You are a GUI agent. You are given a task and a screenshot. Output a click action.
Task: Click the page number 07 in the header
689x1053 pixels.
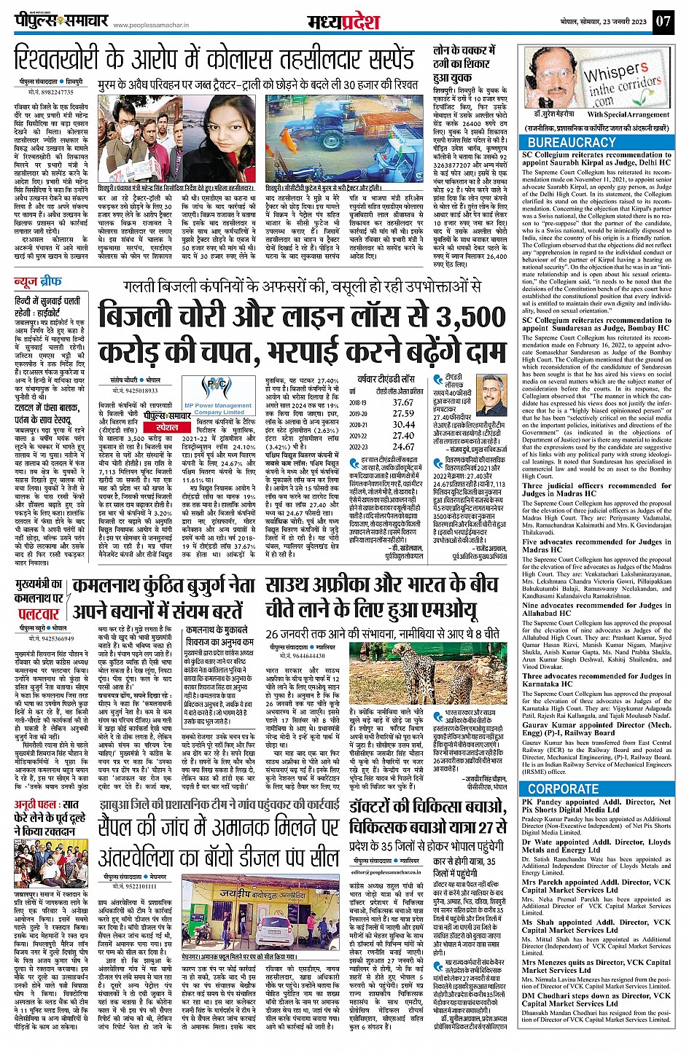click(x=662, y=21)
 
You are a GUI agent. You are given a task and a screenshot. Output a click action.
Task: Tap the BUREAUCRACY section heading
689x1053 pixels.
click(x=572, y=143)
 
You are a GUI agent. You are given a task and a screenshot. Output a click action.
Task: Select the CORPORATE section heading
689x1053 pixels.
click(x=563, y=789)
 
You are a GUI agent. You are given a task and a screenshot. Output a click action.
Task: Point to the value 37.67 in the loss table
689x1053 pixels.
click(x=403, y=402)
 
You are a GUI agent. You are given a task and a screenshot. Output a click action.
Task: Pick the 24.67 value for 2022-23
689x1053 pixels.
click(x=403, y=447)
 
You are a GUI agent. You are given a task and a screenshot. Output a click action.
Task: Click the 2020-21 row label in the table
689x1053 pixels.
click(x=358, y=424)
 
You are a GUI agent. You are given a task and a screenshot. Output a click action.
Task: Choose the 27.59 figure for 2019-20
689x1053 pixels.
click(x=403, y=413)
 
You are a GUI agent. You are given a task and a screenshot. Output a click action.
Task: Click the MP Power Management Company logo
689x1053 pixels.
click(x=218, y=395)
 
